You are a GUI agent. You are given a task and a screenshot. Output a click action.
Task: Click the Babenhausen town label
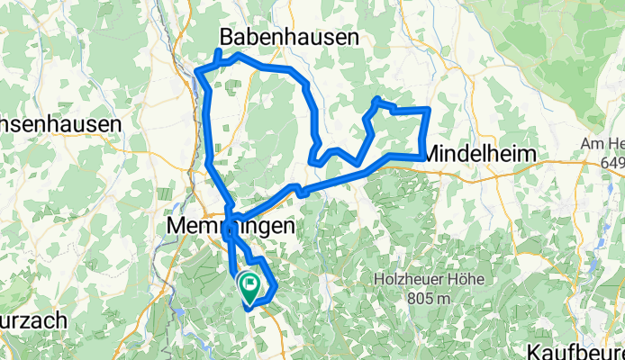(x=289, y=37)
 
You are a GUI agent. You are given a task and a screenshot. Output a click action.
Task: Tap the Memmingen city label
(x=231, y=228)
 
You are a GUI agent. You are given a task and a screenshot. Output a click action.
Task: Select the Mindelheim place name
(x=479, y=154)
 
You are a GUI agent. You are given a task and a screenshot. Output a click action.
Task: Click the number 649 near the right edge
(x=611, y=162)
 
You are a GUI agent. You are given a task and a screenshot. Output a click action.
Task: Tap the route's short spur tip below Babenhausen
(x=217, y=51)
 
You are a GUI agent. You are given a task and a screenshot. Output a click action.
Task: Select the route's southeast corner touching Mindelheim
(x=421, y=157)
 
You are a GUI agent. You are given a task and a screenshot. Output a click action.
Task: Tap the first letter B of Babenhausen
(x=228, y=37)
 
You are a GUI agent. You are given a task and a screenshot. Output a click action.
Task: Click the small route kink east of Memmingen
(x=301, y=190)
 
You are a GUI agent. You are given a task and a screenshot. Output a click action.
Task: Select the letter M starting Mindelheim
(x=431, y=154)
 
